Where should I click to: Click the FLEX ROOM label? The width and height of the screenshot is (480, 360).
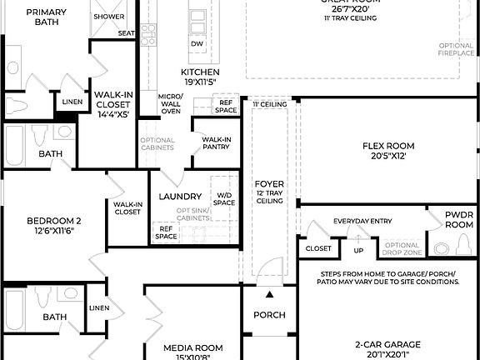point(387,146)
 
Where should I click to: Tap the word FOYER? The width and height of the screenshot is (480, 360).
point(269,184)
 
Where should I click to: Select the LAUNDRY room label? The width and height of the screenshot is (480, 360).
point(180,197)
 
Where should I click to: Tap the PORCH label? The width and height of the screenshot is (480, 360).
point(269,315)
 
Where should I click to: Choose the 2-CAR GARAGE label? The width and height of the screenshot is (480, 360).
point(389,344)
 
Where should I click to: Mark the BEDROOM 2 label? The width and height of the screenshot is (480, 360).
point(53,221)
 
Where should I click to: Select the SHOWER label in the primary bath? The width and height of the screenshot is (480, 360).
point(109,17)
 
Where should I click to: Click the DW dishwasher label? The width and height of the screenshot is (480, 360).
point(197,43)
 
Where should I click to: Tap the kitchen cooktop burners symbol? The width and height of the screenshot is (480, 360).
point(148,34)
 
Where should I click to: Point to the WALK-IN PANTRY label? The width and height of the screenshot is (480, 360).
point(216,143)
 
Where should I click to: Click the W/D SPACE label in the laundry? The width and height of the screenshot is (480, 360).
point(224,197)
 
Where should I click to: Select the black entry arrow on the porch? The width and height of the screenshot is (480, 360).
point(269,294)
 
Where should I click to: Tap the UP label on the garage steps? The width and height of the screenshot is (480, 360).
point(359,249)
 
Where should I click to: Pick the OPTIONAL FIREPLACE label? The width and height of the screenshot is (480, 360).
point(456,49)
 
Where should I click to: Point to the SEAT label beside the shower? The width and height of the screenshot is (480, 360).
point(126,33)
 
